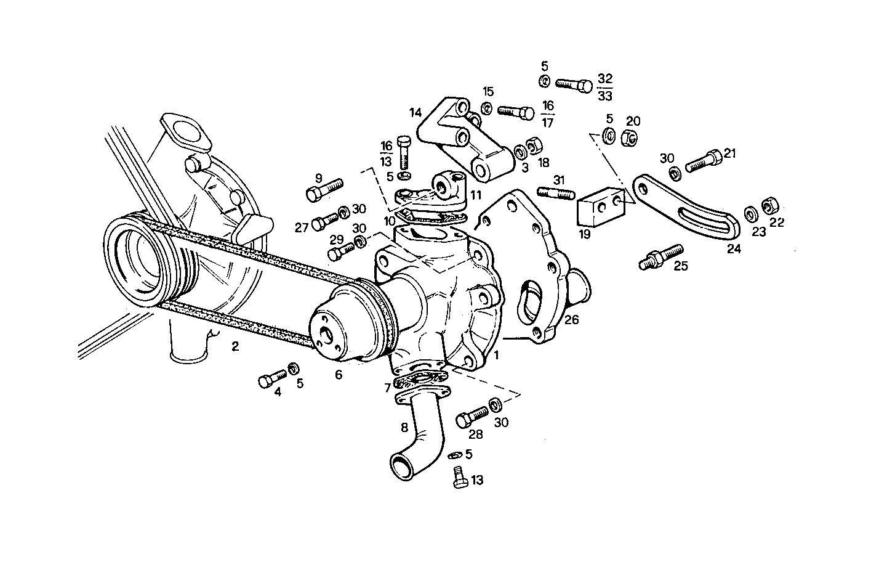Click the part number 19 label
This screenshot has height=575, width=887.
tap(585, 234)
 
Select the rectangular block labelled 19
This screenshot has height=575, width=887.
tap(601, 207)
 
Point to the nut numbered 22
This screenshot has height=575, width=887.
tap(769, 205)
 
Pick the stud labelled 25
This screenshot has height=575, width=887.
tap(662, 256)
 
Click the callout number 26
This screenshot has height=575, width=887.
tap(572, 320)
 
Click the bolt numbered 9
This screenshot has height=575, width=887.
tap(324, 190)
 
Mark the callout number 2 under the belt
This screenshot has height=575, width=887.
tap(235, 346)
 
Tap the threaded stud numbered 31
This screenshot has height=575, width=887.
tap(556, 192)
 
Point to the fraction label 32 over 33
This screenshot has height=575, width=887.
tap(605, 87)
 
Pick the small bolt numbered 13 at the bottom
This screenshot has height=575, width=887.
tap(459, 478)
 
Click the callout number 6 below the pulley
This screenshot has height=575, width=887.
tap(339, 373)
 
